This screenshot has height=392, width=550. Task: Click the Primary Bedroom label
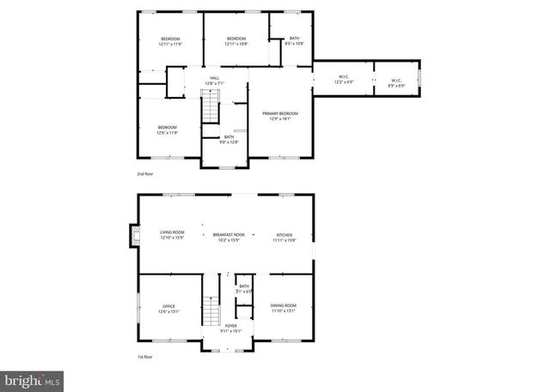pos(280,116)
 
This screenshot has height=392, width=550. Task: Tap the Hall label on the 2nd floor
pos(214,81)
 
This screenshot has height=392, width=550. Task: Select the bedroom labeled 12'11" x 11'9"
pos(171,41)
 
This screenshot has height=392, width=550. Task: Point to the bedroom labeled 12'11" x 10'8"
pos(236,41)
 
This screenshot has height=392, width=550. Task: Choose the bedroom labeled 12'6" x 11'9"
pos(167,130)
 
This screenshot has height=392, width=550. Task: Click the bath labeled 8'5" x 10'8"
pos(295,40)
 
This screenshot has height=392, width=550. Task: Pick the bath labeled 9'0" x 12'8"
pos(229,139)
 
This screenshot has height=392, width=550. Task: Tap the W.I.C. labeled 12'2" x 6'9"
pos(343,80)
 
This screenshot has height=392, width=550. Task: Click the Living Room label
pos(172,235)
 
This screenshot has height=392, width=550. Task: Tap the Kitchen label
pos(284,237)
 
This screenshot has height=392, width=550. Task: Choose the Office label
pos(168,309)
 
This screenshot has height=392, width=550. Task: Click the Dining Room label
pos(284,308)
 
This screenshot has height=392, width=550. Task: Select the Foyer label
pos(230,329)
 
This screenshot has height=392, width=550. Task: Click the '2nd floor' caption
pos(144,174)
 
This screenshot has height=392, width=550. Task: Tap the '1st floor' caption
pos(144,357)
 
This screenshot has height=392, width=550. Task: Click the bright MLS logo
pos(33,377)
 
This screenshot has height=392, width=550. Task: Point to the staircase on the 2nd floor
pos(211,110)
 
